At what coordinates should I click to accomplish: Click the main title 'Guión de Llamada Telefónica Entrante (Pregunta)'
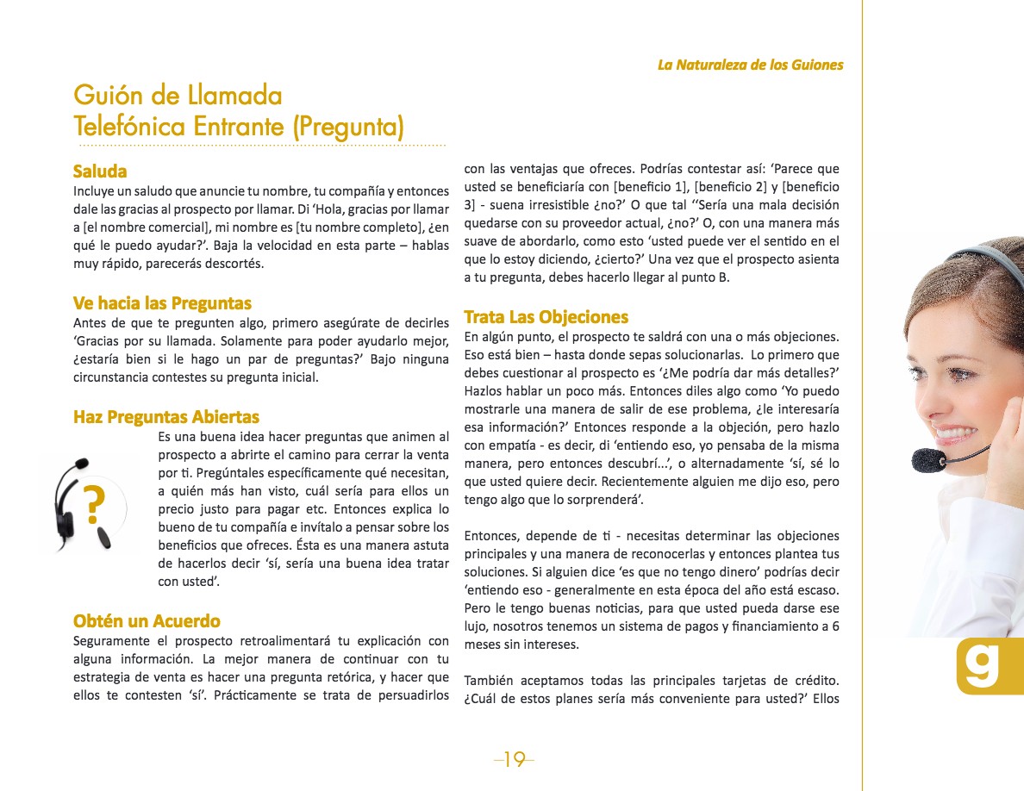[x=239, y=111]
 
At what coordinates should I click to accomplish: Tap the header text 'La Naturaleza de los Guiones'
[x=750, y=65]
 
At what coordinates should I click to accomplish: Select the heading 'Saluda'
[x=100, y=171]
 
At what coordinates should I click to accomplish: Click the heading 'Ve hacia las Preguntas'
[x=162, y=303]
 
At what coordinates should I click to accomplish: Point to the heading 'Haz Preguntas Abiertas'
[x=166, y=418]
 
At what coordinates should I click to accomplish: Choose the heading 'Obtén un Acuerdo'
[x=147, y=621]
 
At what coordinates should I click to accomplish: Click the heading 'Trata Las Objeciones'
[x=546, y=317]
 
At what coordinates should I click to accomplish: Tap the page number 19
[x=514, y=759]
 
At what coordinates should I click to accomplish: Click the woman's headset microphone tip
[x=927, y=459]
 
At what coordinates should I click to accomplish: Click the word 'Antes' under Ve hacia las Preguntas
[x=91, y=323]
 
